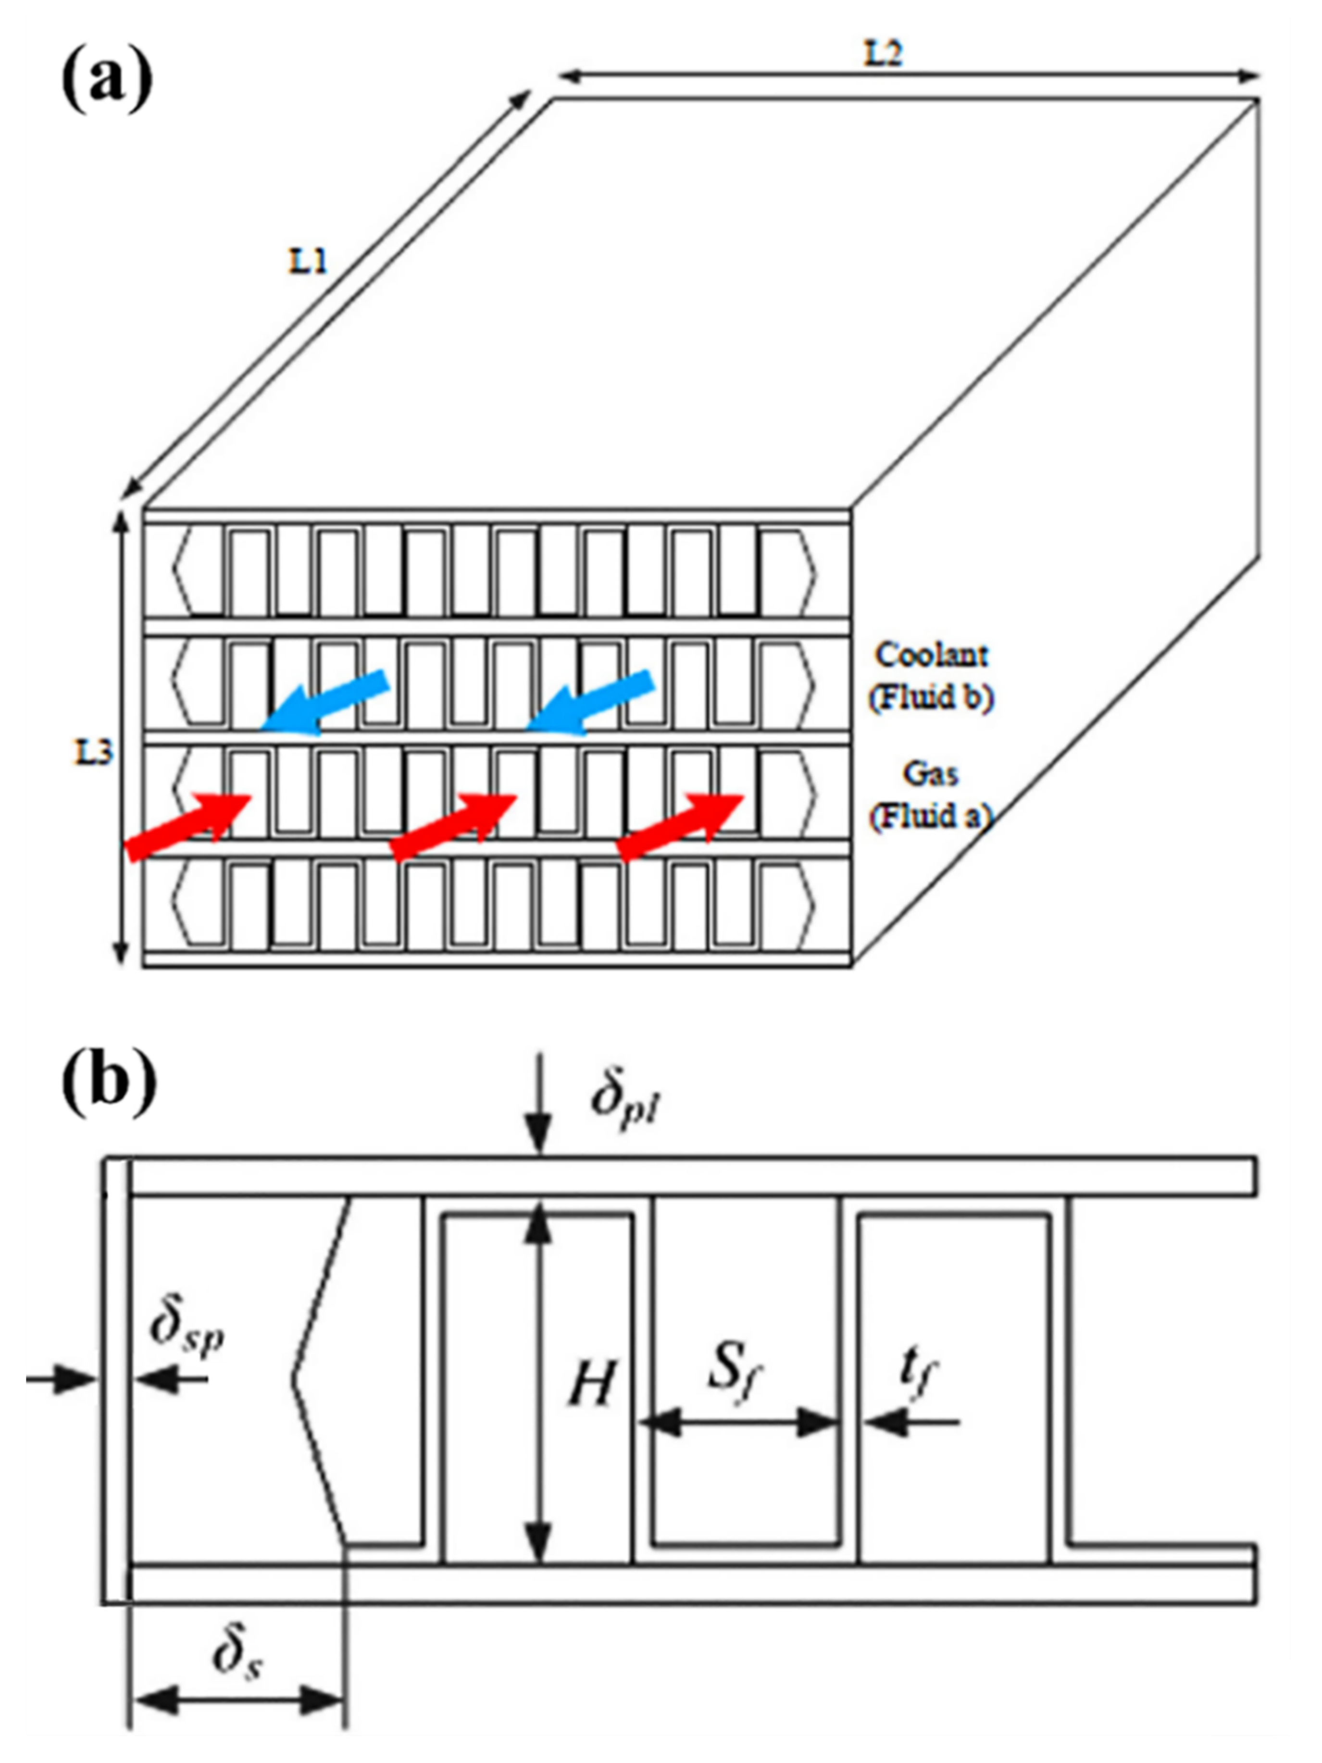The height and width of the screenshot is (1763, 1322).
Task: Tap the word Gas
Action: [x=930, y=773]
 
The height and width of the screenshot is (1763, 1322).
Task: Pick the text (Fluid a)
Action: [x=930, y=816]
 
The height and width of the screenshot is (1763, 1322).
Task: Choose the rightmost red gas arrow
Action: [x=681, y=827]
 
